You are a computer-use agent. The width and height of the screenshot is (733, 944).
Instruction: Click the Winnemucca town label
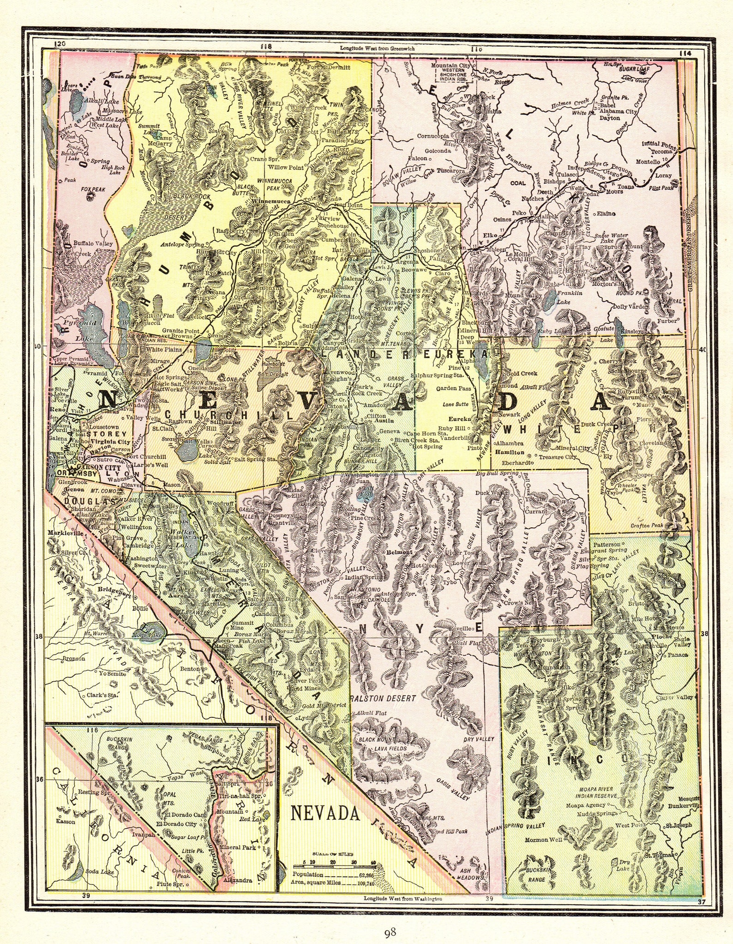(x=272, y=202)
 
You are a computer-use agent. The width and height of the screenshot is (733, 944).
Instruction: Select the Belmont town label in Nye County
(x=399, y=552)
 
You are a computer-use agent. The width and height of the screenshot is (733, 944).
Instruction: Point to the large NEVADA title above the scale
(x=324, y=813)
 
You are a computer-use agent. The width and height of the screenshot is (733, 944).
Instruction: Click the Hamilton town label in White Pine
(x=510, y=453)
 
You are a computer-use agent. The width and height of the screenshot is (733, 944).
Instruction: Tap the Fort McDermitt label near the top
(x=329, y=67)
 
